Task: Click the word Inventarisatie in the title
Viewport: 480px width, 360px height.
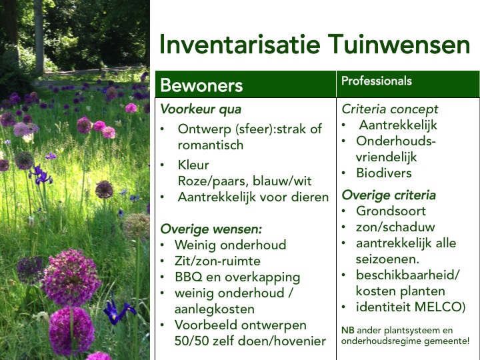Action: point(240,45)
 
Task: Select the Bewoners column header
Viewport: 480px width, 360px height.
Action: point(201,85)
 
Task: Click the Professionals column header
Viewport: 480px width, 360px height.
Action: point(377,81)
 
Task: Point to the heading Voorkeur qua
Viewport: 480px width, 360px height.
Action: point(201,109)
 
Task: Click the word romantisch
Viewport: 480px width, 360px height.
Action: point(211,145)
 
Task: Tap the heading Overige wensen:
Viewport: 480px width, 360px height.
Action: point(211,229)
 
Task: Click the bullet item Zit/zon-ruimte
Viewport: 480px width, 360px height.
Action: point(217,261)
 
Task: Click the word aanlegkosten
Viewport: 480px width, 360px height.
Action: point(214,309)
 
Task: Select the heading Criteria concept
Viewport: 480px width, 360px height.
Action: point(390,109)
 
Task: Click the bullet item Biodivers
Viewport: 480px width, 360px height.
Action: point(384,173)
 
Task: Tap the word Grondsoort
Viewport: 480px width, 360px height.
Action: point(391,211)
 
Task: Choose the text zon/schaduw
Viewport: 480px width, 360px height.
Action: point(395,227)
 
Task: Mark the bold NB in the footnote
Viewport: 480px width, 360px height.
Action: point(348,331)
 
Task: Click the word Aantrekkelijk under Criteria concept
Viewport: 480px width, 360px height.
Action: point(398,125)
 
